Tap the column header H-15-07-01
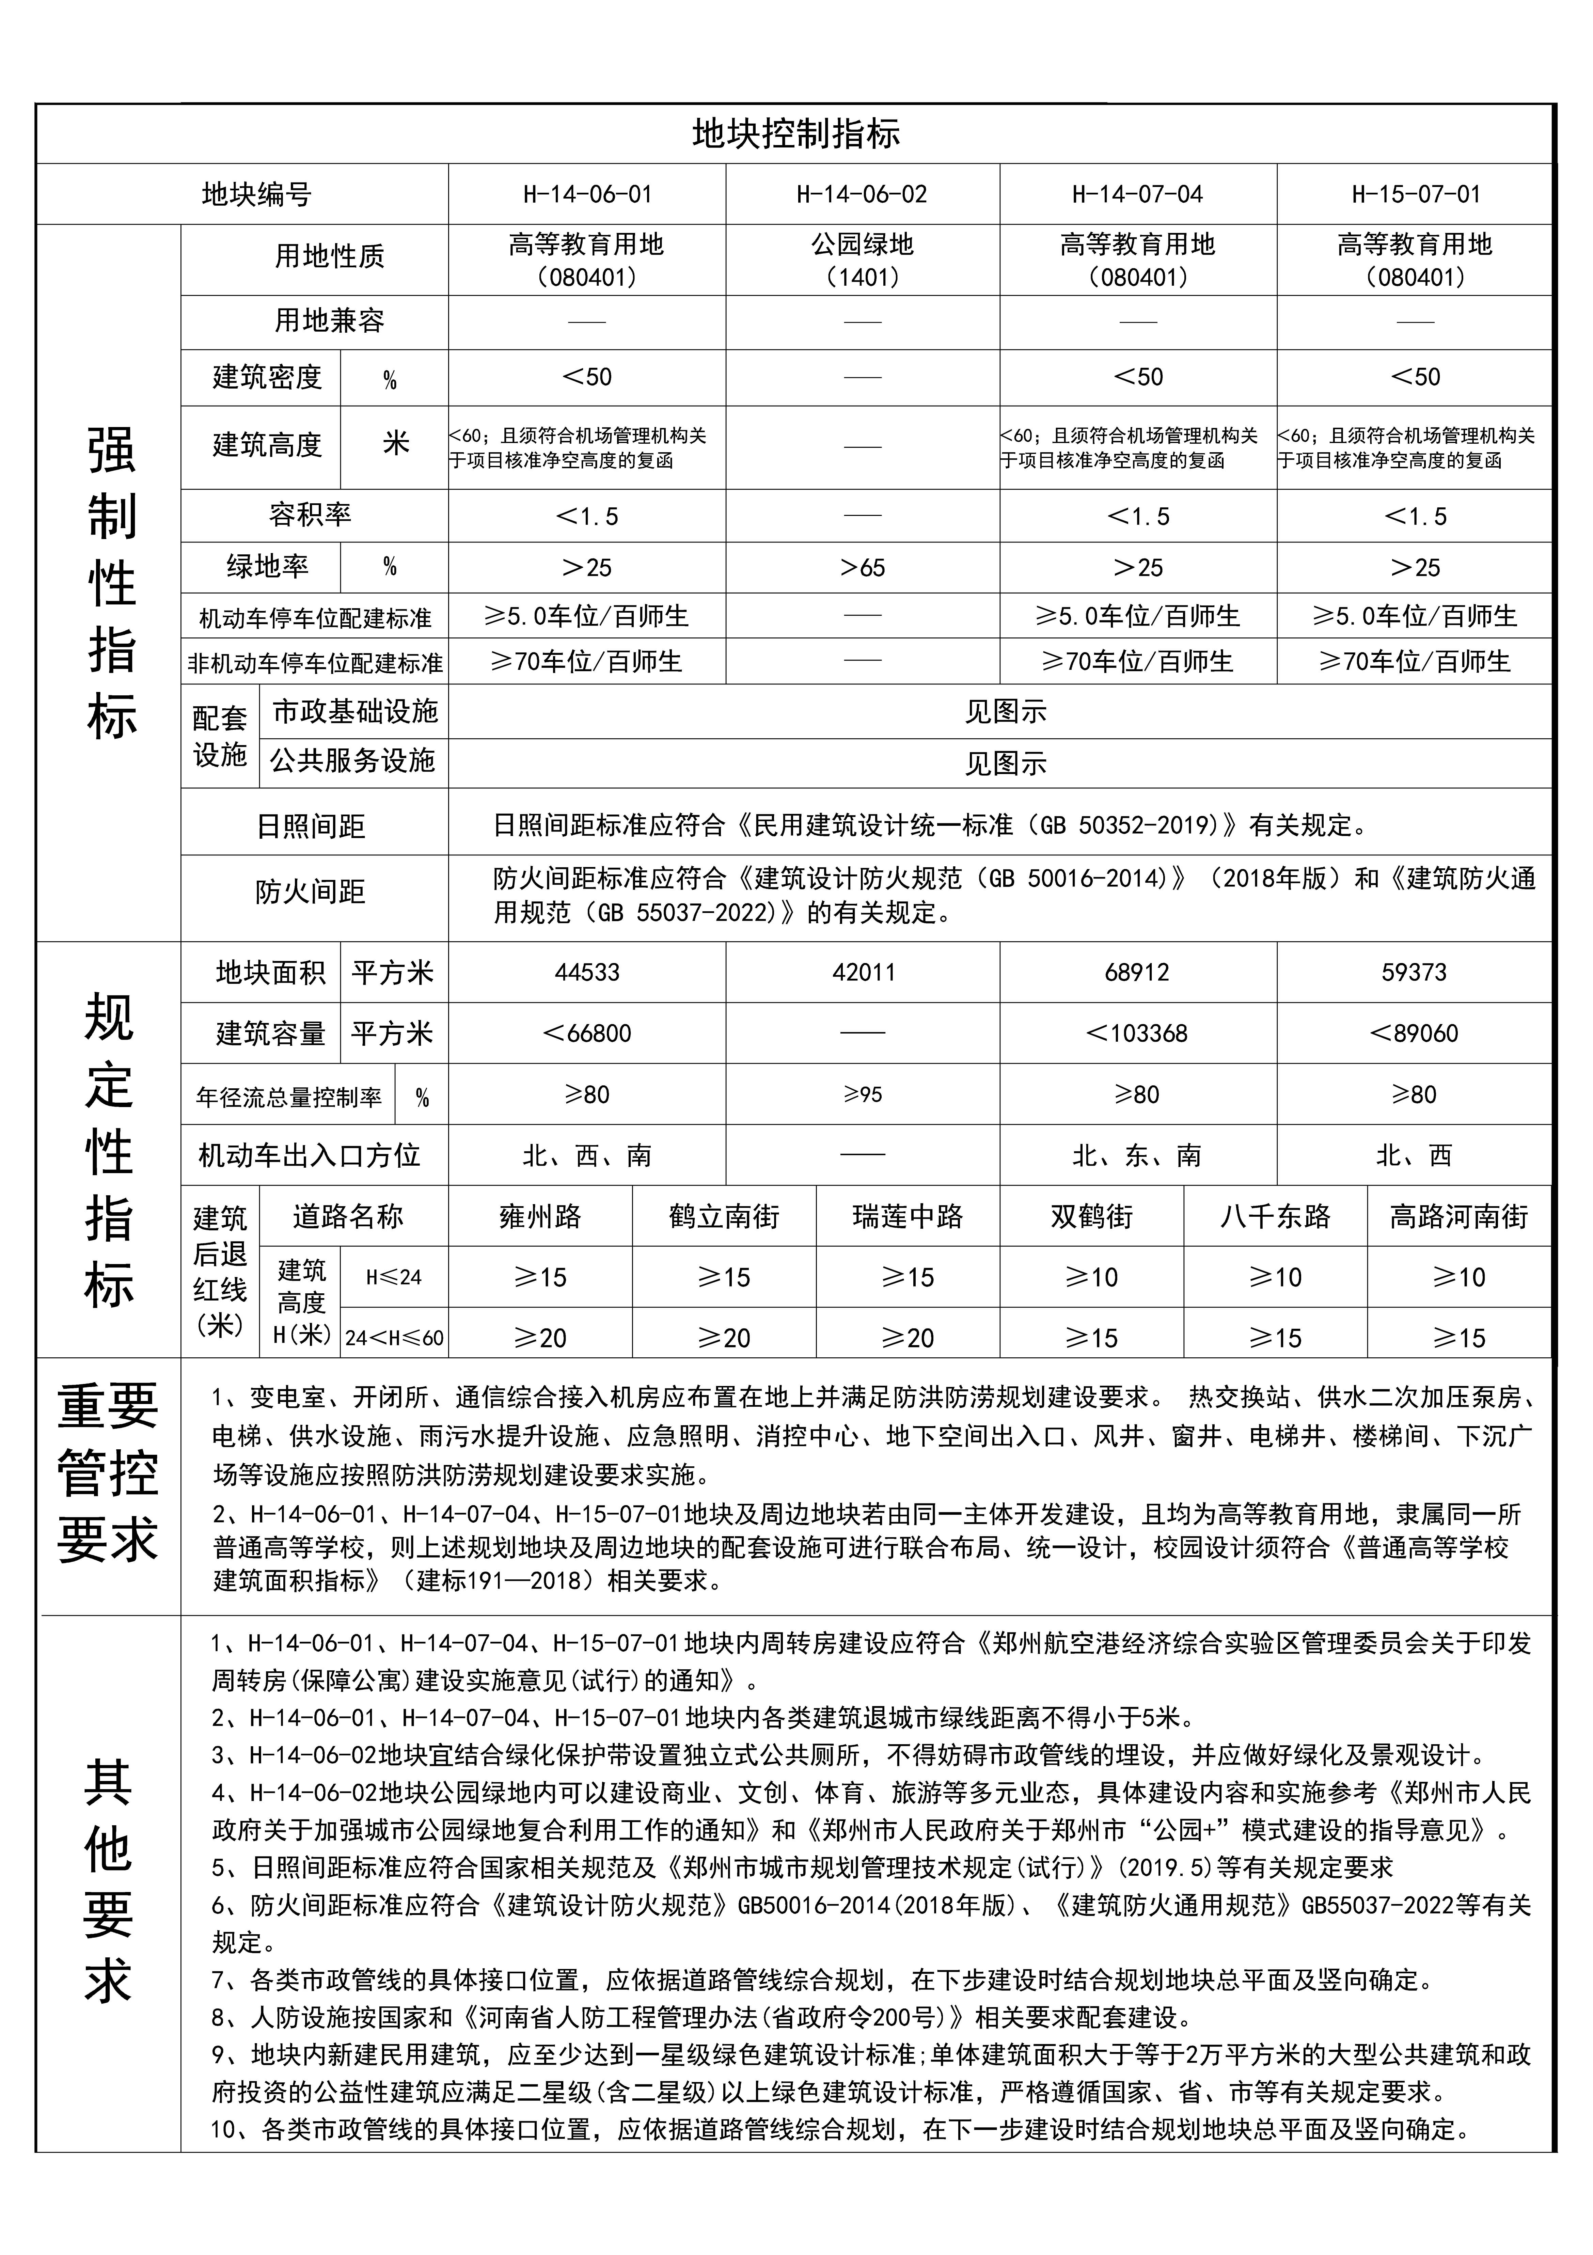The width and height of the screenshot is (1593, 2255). [x=1415, y=194]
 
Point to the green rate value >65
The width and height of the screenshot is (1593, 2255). [x=862, y=568]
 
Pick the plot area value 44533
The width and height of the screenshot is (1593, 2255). [x=587, y=972]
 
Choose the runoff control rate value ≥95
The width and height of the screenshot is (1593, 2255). [x=862, y=1094]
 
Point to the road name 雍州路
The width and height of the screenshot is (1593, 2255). [x=540, y=1217]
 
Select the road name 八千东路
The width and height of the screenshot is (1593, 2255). [x=1275, y=1217]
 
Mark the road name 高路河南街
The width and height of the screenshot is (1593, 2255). [x=1458, y=1217]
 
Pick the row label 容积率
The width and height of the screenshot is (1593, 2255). [x=310, y=515]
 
